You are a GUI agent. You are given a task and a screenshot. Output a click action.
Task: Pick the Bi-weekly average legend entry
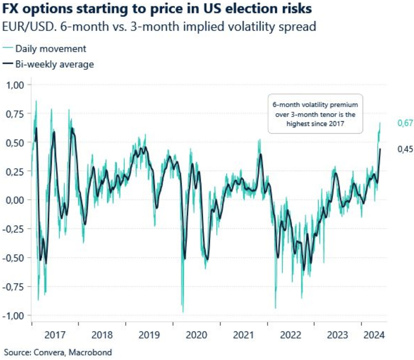pos(54,64)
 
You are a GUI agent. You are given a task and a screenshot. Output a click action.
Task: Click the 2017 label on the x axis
pos(55,336)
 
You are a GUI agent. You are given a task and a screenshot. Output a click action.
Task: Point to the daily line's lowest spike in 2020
pos(183,312)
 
